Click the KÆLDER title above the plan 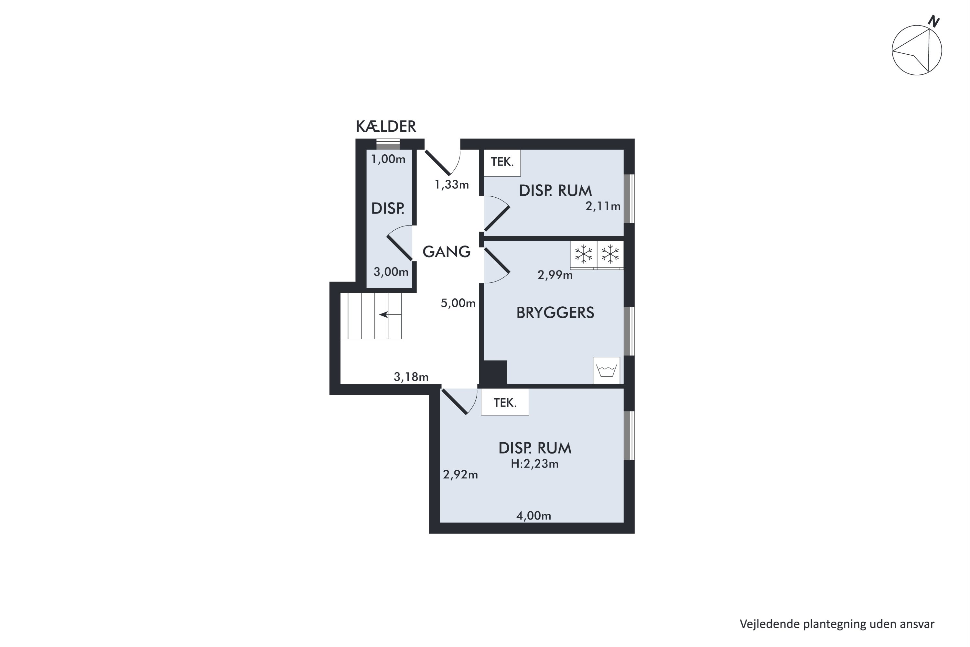pyautogui.click(x=386, y=126)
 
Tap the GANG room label pyautogui.click(x=447, y=252)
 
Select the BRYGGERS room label pyautogui.click(x=555, y=313)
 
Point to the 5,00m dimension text pyautogui.click(x=458, y=303)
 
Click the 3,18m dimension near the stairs pyautogui.click(x=411, y=377)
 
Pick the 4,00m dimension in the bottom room pyautogui.click(x=534, y=516)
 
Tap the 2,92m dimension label pyautogui.click(x=460, y=475)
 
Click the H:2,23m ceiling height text pyautogui.click(x=535, y=464)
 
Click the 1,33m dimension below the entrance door pyautogui.click(x=452, y=184)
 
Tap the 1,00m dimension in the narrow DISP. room pyautogui.click(x=388, y=159)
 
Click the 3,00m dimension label pyautogui.click(x=391, y=272)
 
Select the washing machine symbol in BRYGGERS pyautogui.click(x=607, y=370)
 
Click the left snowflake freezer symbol pyautogui.click(x=584, y=254)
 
